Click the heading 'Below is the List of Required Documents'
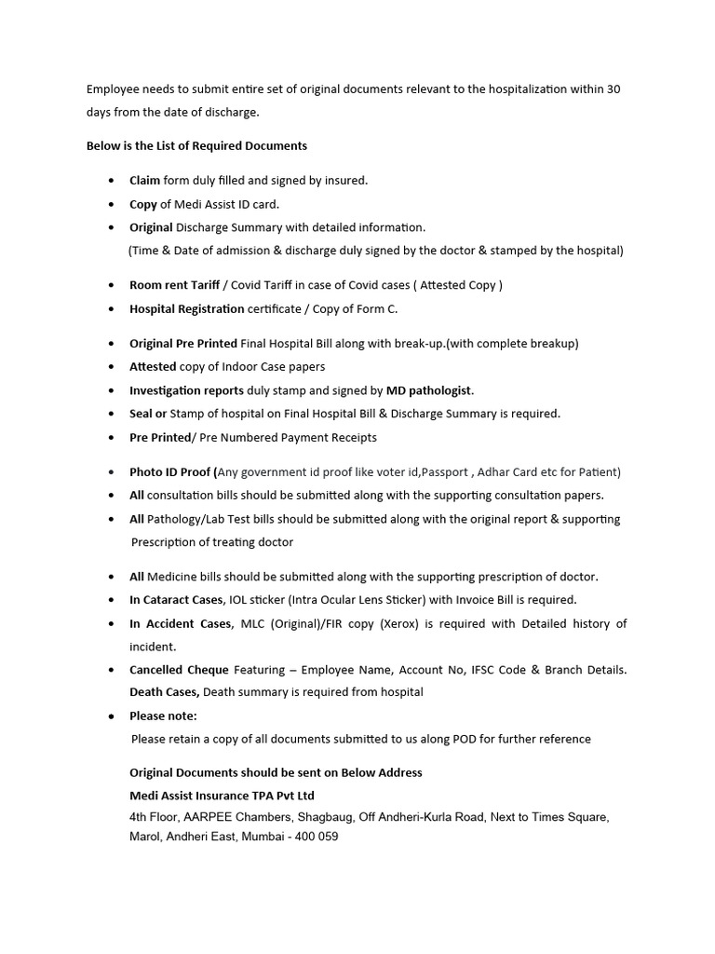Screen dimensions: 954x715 [196, 146]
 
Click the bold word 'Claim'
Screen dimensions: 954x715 [144, 181]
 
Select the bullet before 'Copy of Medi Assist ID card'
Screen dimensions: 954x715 [112, 204]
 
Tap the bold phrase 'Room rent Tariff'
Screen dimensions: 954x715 [174, 285]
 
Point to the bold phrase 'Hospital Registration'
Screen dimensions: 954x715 [186, 308]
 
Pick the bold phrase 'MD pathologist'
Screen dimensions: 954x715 [429, 390]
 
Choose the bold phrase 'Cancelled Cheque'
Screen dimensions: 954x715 [178, 670]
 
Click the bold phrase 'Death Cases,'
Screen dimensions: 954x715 [164, 692]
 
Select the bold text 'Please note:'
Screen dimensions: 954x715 [163, 715]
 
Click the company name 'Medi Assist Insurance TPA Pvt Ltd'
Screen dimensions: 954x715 [222, 796]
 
